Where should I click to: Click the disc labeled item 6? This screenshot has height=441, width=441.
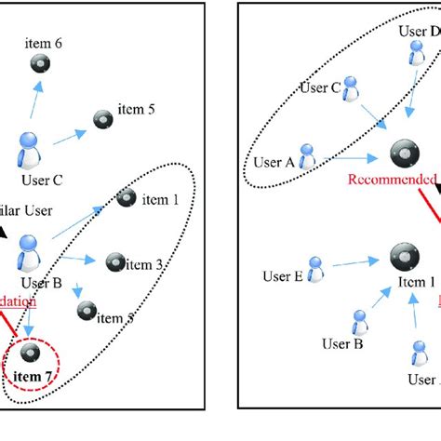(40, 63)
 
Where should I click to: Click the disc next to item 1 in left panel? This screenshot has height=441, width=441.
(127, 198)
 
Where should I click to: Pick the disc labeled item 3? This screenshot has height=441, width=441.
(115, 263)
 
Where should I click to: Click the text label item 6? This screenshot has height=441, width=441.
(46, 43)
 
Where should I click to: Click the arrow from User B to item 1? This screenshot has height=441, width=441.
(79, 223)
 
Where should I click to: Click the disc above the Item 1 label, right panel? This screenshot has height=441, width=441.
(403, 257)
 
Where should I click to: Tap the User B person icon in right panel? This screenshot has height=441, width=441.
(357, 322)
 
